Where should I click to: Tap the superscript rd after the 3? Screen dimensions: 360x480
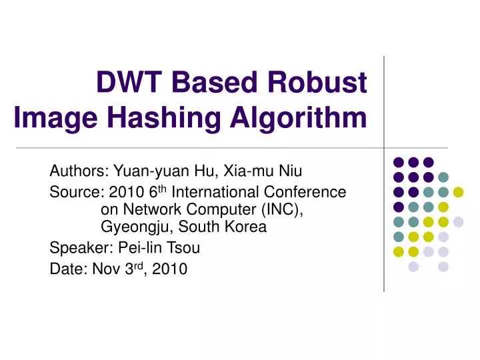point(134,266)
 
